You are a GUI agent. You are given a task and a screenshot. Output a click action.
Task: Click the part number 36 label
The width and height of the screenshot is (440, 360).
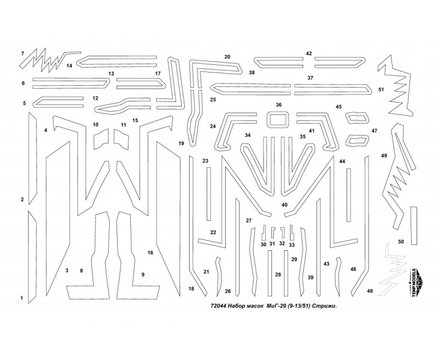279,104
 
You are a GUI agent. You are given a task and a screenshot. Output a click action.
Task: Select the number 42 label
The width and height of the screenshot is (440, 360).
309,53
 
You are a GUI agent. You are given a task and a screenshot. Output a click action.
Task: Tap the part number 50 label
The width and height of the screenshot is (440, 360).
401,241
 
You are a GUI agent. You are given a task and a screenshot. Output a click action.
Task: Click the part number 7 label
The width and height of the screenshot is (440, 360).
22,54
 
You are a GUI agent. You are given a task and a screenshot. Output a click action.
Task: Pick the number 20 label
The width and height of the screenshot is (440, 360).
228,57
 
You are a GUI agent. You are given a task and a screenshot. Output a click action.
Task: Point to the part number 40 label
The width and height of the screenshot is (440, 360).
285,205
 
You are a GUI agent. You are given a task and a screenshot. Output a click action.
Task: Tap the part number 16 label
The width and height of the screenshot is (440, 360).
150,253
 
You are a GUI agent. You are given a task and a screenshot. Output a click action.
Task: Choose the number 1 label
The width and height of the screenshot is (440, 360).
22,298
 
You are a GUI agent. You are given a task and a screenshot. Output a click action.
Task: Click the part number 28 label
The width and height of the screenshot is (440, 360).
278,274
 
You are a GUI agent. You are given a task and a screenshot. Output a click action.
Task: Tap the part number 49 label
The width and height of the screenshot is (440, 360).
384,155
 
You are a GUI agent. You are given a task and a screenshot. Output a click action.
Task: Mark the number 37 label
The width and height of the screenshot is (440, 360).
310,78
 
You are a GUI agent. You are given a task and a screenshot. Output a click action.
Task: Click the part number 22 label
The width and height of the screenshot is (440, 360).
212,232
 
